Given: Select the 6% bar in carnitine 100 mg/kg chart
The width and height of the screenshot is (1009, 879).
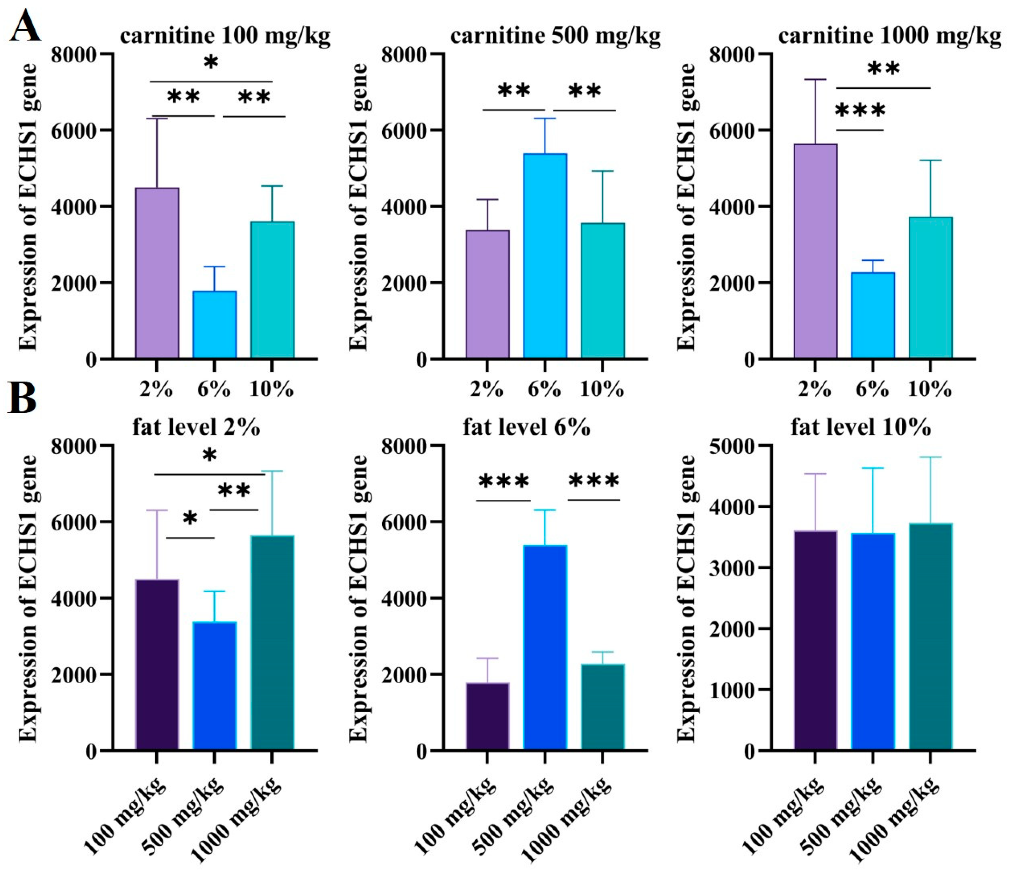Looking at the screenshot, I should tap(214, 324).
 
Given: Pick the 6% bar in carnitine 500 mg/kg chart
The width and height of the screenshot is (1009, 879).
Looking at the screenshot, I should tap(545, 256).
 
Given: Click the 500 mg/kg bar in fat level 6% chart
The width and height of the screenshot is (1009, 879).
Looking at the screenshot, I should tap(545, 647).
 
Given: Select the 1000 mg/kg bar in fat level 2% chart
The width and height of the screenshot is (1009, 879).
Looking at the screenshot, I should tap(272, 643).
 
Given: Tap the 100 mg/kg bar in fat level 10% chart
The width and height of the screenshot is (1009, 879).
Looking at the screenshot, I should tap(815, 640).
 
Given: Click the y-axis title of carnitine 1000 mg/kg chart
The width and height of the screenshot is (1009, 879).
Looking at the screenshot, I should tap(687, 206).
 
